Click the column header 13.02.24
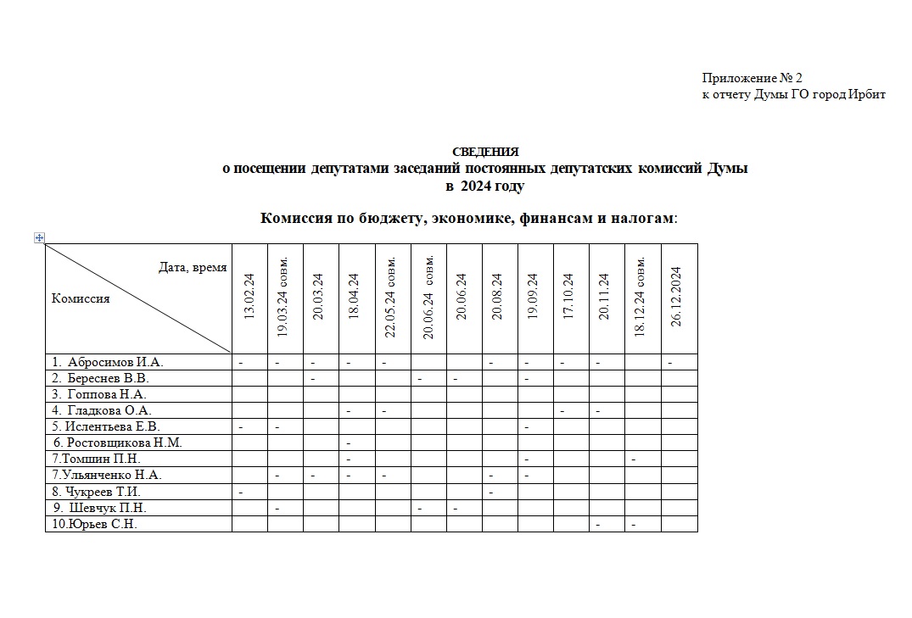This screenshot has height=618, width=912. (x=249, y=296)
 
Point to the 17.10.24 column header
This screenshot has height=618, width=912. (x=568, y=296)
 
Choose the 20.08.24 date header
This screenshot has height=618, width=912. (x=497, y=296)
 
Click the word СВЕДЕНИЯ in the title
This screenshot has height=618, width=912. (x=485, y=152)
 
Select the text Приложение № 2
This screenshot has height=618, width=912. (x=752, y=78)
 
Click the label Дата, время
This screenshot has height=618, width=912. (x=193, y=268)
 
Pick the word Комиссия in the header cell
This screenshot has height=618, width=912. (x=81, y=298)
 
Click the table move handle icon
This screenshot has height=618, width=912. (x=39, y=237)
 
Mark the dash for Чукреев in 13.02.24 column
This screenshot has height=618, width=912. (x=241, y=492)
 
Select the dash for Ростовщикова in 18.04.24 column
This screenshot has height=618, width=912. (x=349, y=443)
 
